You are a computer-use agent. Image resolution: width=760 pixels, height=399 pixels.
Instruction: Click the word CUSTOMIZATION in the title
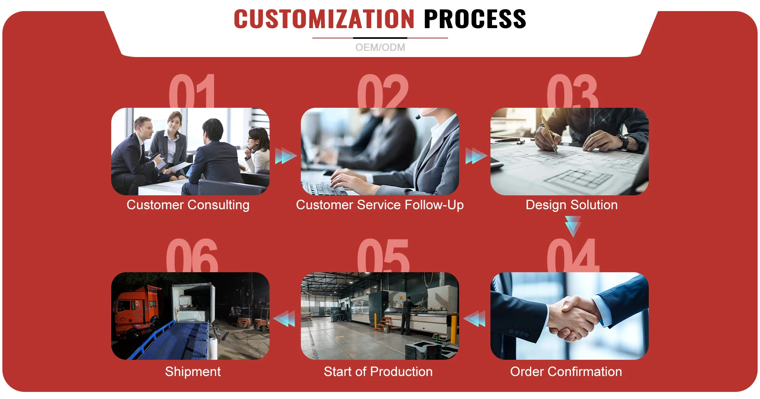324,19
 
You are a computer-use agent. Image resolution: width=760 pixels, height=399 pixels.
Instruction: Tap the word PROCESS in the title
475,19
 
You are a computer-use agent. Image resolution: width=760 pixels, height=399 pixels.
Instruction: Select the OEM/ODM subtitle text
380,48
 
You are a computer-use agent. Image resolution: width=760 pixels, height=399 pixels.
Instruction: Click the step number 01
192,91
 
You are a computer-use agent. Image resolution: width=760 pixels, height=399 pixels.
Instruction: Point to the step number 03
572,91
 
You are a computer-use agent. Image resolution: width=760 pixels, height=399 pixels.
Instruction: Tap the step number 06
192,256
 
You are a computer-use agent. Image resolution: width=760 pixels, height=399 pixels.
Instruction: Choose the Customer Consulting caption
188,205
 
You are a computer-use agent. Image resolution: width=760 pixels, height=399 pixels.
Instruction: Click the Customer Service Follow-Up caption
380,205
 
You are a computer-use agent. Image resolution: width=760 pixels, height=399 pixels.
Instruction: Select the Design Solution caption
572,205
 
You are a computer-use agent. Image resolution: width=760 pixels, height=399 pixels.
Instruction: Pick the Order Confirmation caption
566,372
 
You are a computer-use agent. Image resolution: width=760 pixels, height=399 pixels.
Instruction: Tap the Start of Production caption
378,372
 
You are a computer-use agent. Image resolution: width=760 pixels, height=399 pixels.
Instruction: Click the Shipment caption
193,372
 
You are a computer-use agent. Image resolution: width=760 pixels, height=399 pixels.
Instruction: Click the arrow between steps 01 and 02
286,156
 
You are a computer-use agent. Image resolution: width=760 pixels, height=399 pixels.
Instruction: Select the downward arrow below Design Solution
573,226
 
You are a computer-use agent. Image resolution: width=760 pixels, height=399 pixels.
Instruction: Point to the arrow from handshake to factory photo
475,319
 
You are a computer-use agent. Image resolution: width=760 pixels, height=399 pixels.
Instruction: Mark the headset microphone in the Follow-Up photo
418,117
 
